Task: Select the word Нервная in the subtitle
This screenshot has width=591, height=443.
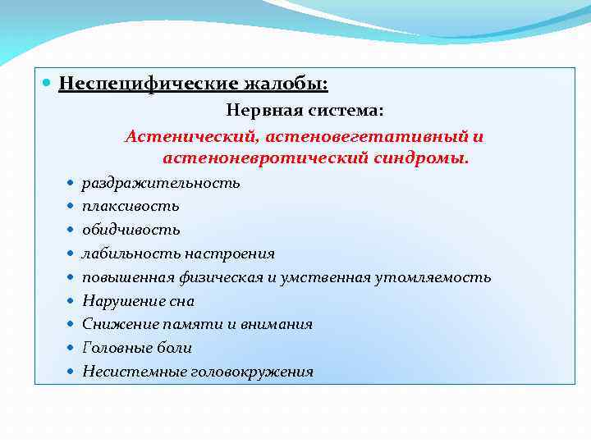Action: (262, 109)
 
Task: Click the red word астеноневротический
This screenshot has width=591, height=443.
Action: (254, 157)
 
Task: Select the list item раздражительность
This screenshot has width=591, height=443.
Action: (161, 183)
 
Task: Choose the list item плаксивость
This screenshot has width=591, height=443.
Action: (131, 206)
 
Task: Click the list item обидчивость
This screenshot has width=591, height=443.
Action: (131, 230)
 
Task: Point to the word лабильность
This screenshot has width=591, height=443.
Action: (131, 253)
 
